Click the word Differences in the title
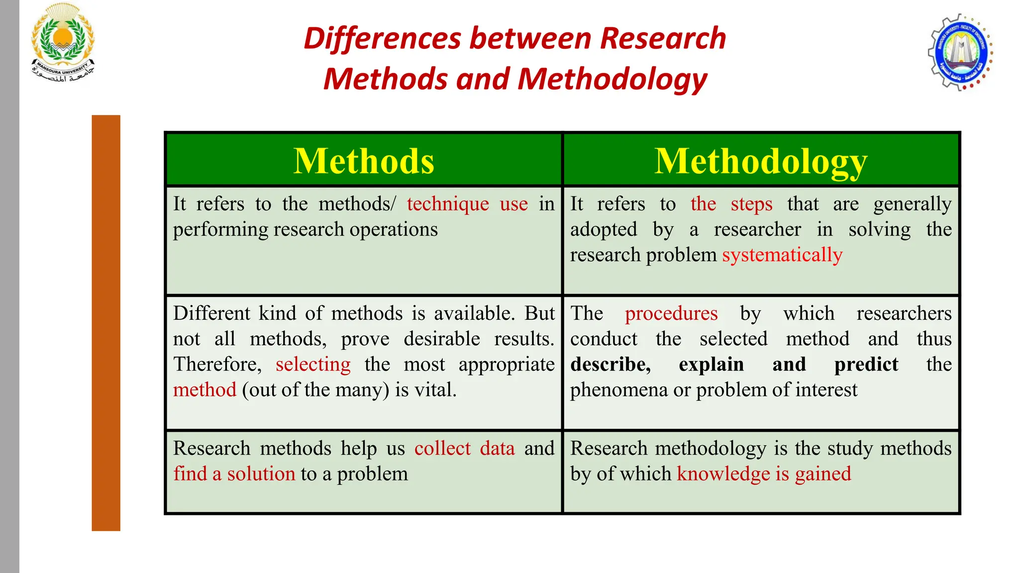click(x=383, y=38)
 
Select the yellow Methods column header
click(x=364, y=161)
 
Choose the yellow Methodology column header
click(x=761, y=161)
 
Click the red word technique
click(x=448, y=204)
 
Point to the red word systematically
click(x=782, y=255)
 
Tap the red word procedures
click(x=671, y=313)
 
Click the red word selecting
click(x=313, y=365)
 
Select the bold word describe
click(x=611, y=365)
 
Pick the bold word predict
click(x=866, y=365)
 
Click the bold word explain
click(x=711, y=365)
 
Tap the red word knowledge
click(x=723, y=474)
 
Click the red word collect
click(x=442, y=449)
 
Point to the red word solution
click(x=261, y=474)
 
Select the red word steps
click(x=751, y=204)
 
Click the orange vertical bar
click(x=106, y=323)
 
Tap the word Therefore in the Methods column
click(x=217, y=365)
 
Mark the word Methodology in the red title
click(x=612, y=79)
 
